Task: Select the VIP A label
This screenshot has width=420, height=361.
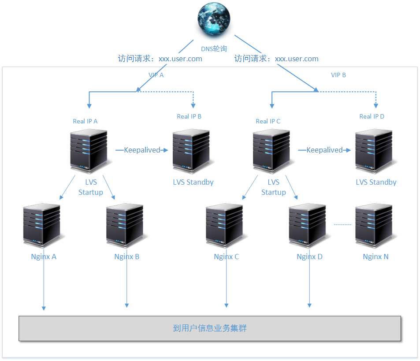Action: pos(156,75)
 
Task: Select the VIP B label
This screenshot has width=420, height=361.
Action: pos(338,75)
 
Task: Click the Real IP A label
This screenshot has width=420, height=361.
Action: pos(85,121)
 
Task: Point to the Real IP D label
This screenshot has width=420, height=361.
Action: pos(372,116)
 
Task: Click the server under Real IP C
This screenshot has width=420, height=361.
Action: pos(271,150)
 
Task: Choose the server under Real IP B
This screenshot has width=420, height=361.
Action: pos(191,150)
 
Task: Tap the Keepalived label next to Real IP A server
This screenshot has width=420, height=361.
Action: pos(142,150)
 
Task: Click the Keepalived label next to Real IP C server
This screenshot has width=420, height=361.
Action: pos(324,150)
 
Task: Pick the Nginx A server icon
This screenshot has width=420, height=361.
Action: pos(41,225)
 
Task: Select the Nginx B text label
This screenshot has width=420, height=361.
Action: pos(127,257)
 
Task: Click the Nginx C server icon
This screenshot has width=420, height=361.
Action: pos(224,225)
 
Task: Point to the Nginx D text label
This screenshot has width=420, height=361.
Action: pos(309,257)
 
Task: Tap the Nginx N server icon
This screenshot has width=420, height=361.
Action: pos(374,225)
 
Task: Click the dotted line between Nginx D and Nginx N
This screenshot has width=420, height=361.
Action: pos(342,225)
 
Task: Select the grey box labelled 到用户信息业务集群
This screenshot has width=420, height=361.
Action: pos(210,328)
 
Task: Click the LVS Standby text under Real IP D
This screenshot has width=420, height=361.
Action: pos(376,182)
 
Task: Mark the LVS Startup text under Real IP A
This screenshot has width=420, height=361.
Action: pos(91,187)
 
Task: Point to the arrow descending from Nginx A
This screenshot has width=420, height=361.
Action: pos(44,287)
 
